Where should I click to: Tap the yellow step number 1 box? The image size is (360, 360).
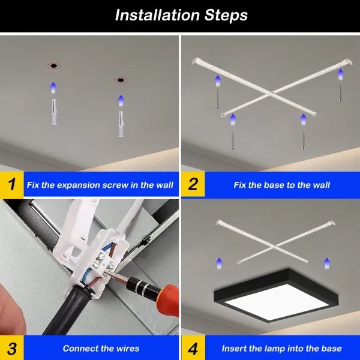11,184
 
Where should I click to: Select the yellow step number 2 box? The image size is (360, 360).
193,184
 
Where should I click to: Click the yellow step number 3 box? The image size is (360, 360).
11,348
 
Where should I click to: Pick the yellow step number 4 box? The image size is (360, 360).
193,348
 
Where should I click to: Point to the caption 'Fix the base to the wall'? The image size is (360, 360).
281,185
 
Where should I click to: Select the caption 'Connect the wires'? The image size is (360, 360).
101,348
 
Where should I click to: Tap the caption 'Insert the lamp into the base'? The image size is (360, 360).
281,348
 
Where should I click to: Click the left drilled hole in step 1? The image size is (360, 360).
53,65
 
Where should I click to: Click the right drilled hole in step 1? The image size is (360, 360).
121,80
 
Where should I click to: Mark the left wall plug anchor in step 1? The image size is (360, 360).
53,112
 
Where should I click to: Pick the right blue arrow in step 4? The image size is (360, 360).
327,263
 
